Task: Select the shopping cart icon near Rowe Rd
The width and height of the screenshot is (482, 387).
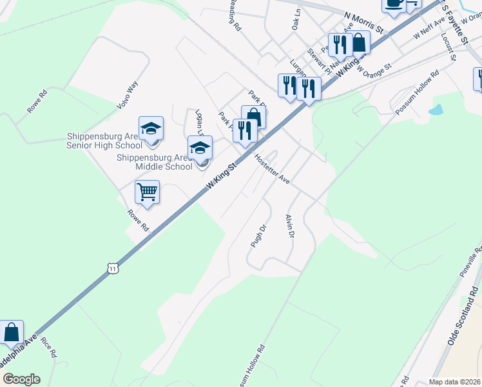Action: click(x=148, y=192)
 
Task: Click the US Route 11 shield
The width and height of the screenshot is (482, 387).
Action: click(x=113, y=268)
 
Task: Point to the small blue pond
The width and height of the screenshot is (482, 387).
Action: click(x=436, y=109)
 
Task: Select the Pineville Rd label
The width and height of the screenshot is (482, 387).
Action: click(x=470, y=262)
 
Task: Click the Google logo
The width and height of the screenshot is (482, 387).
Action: click(x=21, y=379)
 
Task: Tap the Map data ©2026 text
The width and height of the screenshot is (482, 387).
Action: click(x=454, y=382)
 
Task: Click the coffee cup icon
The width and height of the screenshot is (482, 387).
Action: click(x=393, y=4)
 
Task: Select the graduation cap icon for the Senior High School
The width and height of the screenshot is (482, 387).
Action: click(x=151, y=128)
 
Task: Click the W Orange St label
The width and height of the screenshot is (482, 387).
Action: click(x=374, y=68)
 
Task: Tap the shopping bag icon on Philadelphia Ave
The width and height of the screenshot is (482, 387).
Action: click(x=12, y=333)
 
